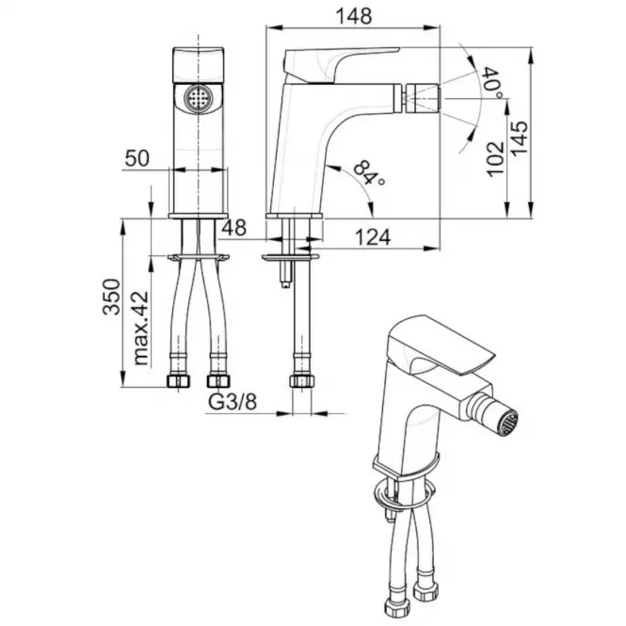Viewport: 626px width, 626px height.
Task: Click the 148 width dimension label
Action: (x=354, y=16)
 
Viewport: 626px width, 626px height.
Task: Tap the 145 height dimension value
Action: (x=520, y=138)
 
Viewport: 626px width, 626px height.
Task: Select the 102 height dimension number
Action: (x=495, y=158)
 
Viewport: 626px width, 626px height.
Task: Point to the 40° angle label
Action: (x=492, y=83)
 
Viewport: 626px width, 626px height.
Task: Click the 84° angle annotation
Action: (x=369, y=173)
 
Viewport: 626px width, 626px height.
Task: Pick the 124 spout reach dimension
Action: (x=373, y=237)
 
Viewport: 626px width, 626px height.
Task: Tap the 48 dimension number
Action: (x=234, y=228)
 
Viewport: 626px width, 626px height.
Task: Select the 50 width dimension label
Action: (x=136, y=158)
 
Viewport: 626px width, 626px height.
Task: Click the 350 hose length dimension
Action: (x=111, y=297)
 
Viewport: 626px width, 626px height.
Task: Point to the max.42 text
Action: (x=140, y=329)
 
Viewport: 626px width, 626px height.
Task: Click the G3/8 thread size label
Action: (x=233, y=403)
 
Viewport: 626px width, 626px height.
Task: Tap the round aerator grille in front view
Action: (x=199, y=97)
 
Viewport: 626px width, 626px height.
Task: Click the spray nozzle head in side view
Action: (x=423, y=98)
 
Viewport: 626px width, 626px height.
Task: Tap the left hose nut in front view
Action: (x=178, y=381)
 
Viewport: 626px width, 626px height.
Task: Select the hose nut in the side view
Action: (x=302, y=381)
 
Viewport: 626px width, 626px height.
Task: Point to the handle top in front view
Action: (x=199, y=65)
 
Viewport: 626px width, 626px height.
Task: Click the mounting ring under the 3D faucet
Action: (x=403, y=495)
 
